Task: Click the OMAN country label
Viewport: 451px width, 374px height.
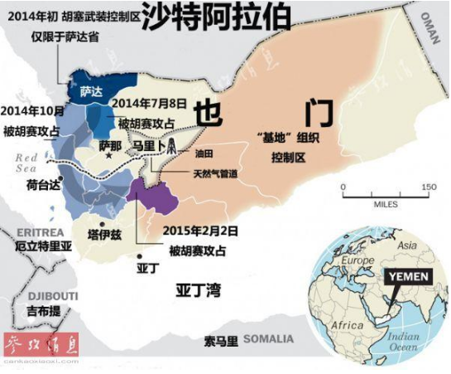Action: pyautogui.click(x=432, y=22)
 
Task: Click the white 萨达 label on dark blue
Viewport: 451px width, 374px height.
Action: pyautogui.click(x=91, y=95)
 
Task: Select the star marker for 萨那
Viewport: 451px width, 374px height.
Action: pyautogui.click(x=108, y=156)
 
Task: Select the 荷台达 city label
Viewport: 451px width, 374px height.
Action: pyautogui.click(x=44, y=184)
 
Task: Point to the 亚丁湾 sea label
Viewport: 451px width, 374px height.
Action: pyautogui.click(x=197, y=289)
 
